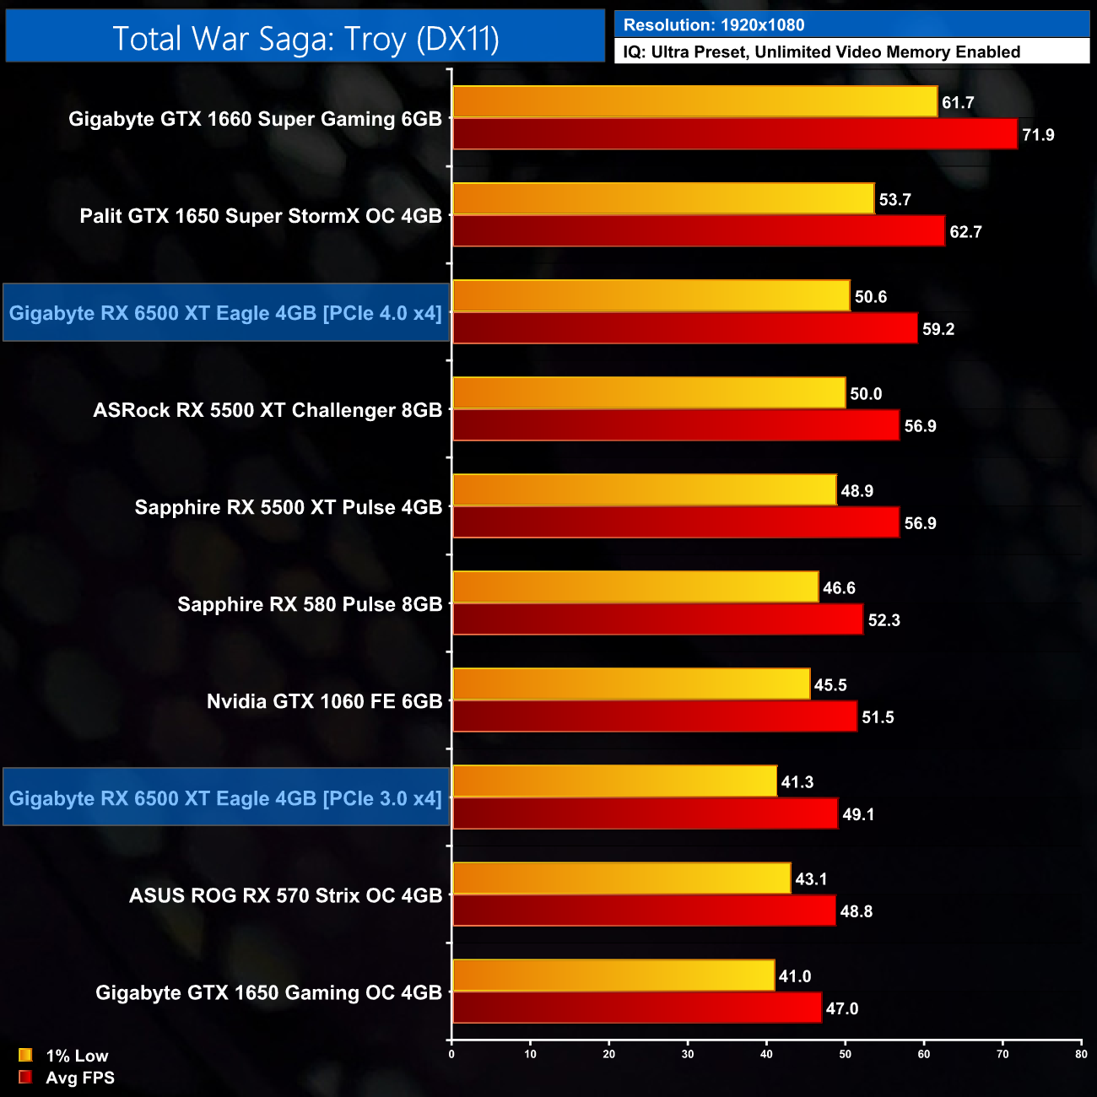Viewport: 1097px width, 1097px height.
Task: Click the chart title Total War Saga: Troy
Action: tap(305, 39)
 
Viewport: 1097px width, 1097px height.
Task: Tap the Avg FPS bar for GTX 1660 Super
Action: tap(734, 134)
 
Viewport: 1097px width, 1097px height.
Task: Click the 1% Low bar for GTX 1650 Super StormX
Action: tap(663, 199)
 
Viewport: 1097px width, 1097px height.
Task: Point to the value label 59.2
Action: tap(938, 329)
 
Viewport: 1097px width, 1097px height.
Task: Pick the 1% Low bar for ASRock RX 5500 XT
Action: tap(649, 393)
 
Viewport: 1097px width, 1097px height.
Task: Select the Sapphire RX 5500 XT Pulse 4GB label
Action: tap(289, 507)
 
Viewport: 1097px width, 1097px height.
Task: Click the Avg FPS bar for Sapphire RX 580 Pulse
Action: tap(657, 620)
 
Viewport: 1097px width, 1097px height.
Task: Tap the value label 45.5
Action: tap(830, 685)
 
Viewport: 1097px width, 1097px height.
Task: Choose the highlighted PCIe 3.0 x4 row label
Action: tap(225, 798)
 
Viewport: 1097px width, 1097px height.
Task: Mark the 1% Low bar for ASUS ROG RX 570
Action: tap(622, 879)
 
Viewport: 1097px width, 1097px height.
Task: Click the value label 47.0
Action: tap(842, 1008)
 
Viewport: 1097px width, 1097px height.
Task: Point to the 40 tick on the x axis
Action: tap(766, 1054)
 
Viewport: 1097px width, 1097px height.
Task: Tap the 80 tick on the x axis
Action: tap(1081, 1054)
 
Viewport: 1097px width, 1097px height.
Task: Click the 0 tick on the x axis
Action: tap(451, 1054)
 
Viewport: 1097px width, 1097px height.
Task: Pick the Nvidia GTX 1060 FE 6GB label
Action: tap(324, 701)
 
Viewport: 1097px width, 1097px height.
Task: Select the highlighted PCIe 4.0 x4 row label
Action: tap(225, 313)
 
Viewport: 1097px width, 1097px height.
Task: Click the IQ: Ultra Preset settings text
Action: tap(821, 52)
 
